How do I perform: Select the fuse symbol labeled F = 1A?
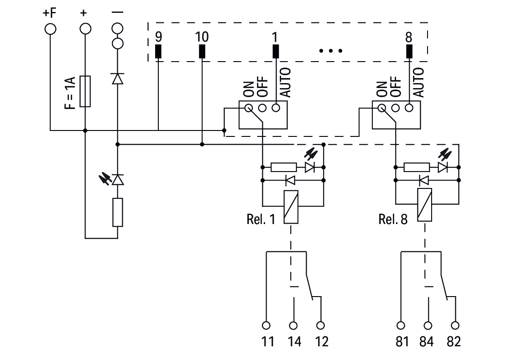(x=85, y=91)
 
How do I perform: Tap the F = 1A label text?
(x=69, y=94)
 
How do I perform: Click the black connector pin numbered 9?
(x=158, y=52)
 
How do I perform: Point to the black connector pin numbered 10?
(x=202, y=52)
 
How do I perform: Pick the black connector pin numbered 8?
(x=409, y=52)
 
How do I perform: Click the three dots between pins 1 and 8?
(x=331, y=51)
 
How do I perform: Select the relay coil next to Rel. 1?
(x=291, y=207)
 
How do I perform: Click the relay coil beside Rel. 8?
(x=424, y=207)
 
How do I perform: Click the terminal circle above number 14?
(x=293, y=325)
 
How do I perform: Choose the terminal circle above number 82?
(x=454, y=325)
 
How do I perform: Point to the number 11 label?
(x=267, y=341)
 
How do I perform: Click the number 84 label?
(x=427, y=341)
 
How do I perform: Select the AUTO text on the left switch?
(x=285, y=83)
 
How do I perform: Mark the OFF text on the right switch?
(x=397, y=86)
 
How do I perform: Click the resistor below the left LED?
(x=118, y=212)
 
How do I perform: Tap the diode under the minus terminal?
(x=118, y=79)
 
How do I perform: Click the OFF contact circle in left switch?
(x=262, y=108)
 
